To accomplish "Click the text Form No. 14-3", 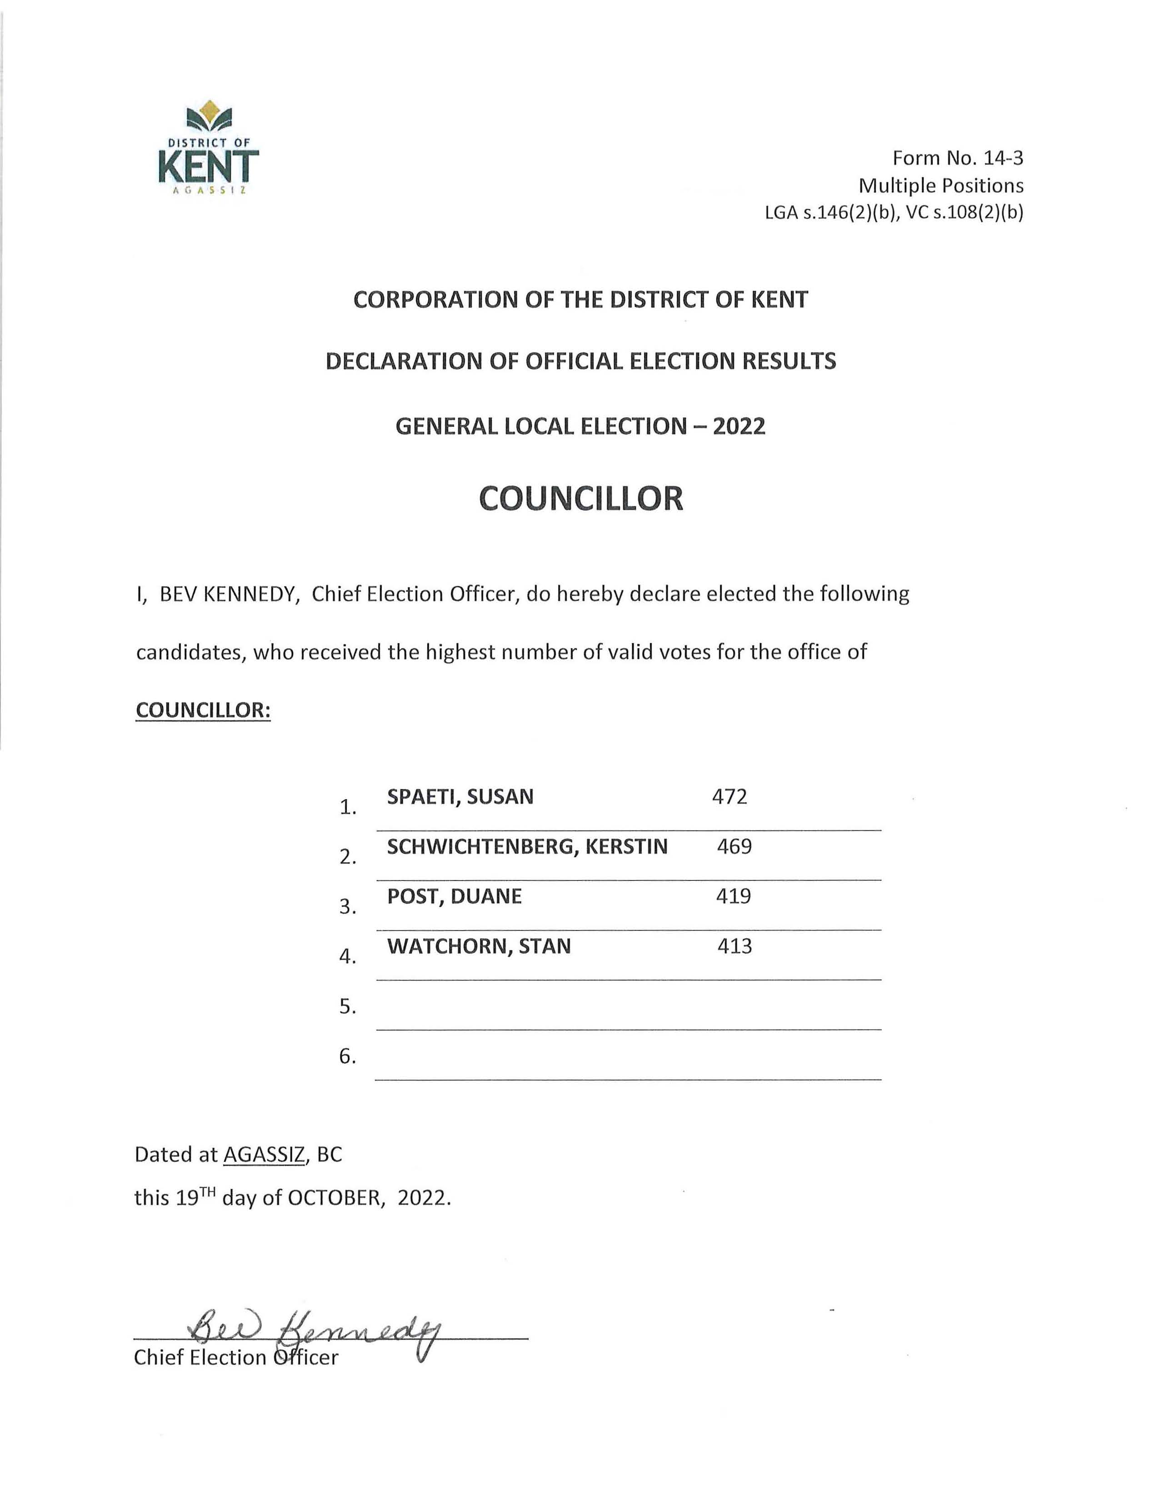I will pyautogui.click(x=957, y=158).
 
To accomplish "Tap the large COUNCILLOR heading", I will pyautogui.click(x=581, y=499).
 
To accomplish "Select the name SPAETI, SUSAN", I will pyautogui.click(x=460, y=797).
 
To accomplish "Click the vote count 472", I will pyautogui.click(x=729, y=797).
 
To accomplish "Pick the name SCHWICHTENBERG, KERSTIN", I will pyautogui.click(x=527, y=847).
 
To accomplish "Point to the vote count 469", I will pyautogui.click(x=734, y=847).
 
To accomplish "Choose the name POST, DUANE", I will pyautogui.click(x=454, y=896).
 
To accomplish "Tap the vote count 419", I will pyautogui.click(x=733, y=896).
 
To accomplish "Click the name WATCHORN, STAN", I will pyautogui.click(x=479, y=946).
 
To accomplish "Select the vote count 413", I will pyautogui.click(x=734, y=946).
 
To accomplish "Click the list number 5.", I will pyautogui.click(x=347, y=1007).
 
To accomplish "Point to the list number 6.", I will pyautogui.click(x=347, y=1056).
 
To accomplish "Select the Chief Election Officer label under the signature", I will pyautogui.click(x=235, y=1358).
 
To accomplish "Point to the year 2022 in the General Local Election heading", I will pyautogui.click(x=738, y=426).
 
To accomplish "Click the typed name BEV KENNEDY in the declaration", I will pyautogui.click(x=227, y=594).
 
